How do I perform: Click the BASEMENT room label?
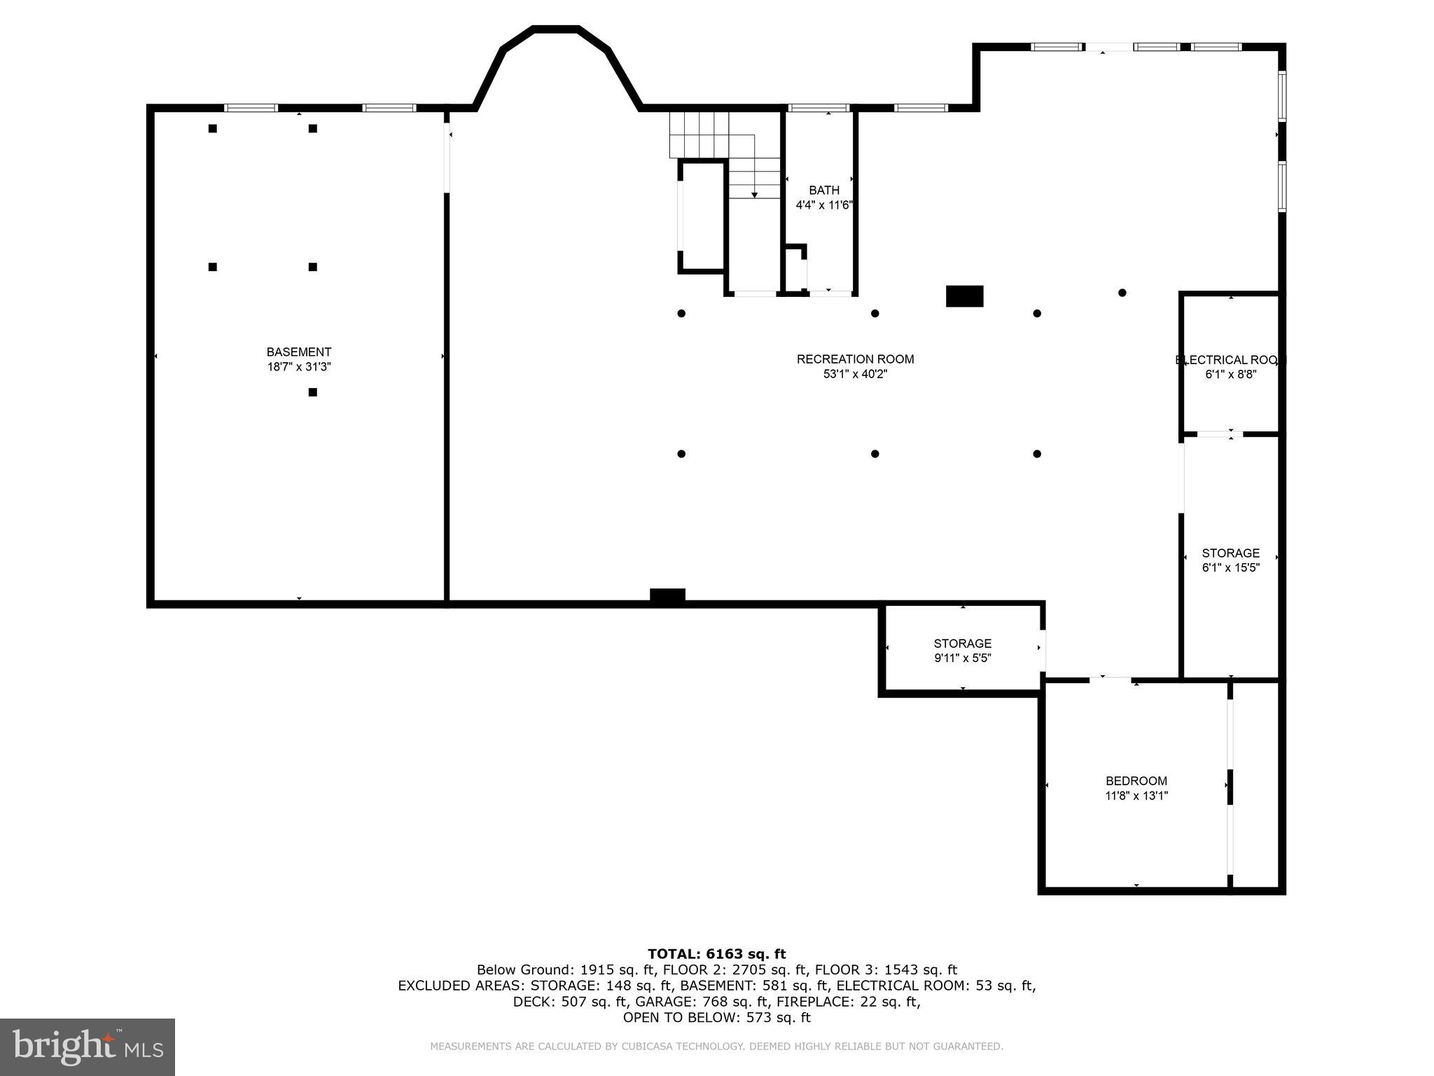tap(298, 352)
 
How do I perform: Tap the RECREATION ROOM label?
tap(855, 359)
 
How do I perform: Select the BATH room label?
tap(823, 190)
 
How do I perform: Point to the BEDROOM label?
tap(1136, 780)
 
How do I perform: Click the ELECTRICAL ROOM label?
tap(1230, 360)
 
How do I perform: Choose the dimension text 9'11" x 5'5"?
tap(962, 658)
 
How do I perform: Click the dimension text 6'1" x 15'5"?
tap(1230, 567)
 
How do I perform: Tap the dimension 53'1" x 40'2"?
tap(855, 374)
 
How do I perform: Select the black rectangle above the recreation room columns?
tap(964, 296)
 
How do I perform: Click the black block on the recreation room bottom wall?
tap(667, 595)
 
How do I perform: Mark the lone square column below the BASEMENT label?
tap(313, 392)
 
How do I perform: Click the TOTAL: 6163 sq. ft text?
tap(716, 953)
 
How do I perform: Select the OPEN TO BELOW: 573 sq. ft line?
tap(716, 1017)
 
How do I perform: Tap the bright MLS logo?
tap(88, 1047)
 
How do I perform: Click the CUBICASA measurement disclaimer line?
tap(716, 1047)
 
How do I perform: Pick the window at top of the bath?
tap(819, 108)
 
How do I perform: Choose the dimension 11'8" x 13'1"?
tap(1136, 796)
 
